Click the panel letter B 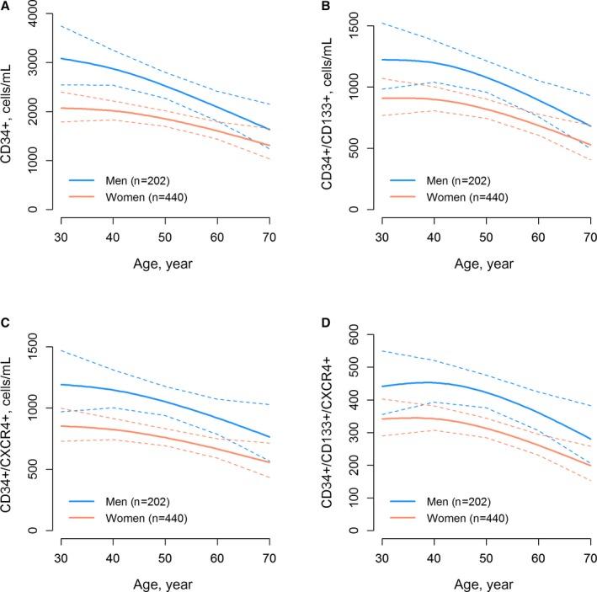tap(306, 7)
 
